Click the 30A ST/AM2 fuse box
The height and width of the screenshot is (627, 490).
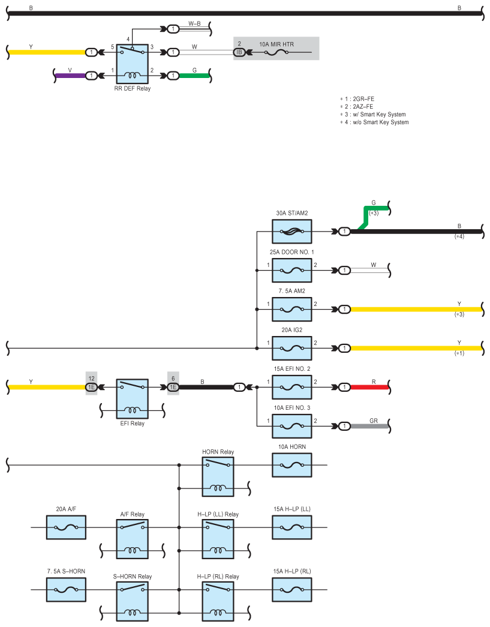point(291,232)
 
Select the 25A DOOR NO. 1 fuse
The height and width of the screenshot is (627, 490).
point(291,271)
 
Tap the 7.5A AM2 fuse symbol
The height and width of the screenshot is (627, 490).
point(291,309)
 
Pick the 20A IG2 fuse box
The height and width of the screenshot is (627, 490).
point(291,348)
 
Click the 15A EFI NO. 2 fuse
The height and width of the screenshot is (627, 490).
point(291,387)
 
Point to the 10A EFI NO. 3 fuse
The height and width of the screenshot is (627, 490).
point(291,426)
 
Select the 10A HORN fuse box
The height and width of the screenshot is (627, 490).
point(291,465)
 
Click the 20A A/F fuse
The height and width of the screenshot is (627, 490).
point(66,527)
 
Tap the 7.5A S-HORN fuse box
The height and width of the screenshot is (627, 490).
point(66,589)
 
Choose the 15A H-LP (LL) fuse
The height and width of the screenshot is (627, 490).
point(291,527)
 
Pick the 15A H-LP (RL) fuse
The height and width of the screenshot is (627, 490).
point(291,589)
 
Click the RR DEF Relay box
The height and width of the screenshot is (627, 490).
point(133,64)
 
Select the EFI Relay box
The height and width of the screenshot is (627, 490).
point(133,398)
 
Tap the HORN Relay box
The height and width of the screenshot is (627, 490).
point(218,476)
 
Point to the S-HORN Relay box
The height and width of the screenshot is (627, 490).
point(133,601)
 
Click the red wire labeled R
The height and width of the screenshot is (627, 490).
point(369,387)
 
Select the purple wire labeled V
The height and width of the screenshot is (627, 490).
point(70,75)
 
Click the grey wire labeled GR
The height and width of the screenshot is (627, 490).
point(369,426)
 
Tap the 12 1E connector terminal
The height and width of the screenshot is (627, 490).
point(92,387)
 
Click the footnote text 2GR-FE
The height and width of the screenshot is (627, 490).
point(363,99)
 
